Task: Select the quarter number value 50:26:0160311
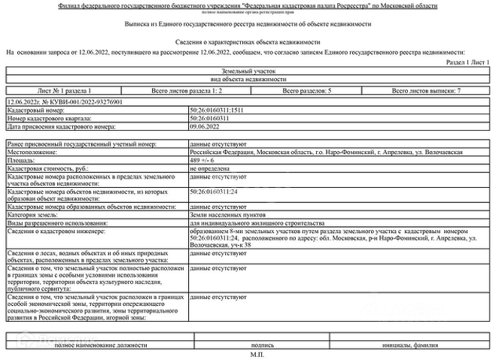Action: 210,118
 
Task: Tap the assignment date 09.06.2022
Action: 203,126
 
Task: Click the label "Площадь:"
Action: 22,160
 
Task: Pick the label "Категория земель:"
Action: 36,214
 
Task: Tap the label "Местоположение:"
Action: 32,152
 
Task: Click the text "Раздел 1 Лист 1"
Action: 467,63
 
